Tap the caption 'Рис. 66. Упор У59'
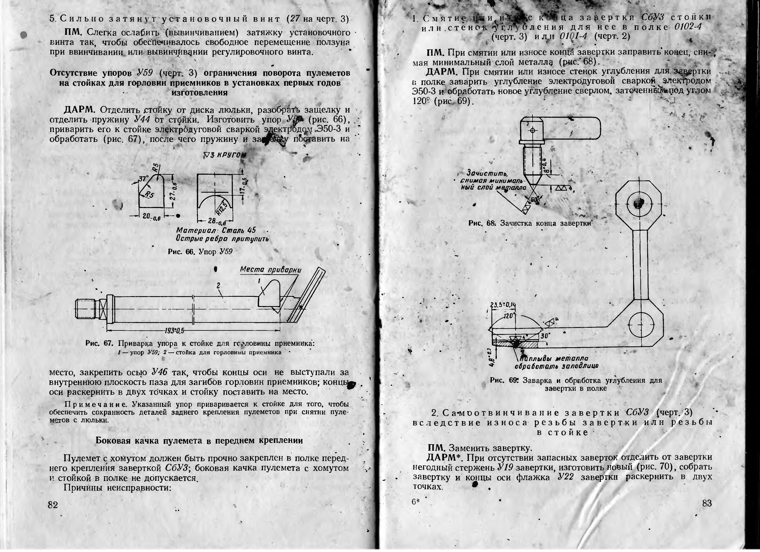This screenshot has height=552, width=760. [x=200, y=252]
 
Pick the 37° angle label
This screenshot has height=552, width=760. [x=144, y=179]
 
